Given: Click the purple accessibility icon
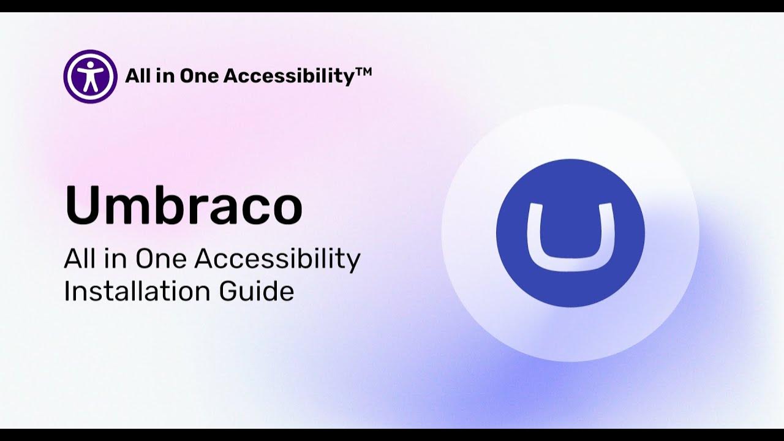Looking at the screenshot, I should [90, 77].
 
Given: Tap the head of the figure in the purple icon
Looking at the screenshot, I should [90, 64].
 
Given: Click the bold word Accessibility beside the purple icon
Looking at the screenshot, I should [290, 76].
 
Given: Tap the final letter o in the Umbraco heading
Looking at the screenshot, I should [283, 208].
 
